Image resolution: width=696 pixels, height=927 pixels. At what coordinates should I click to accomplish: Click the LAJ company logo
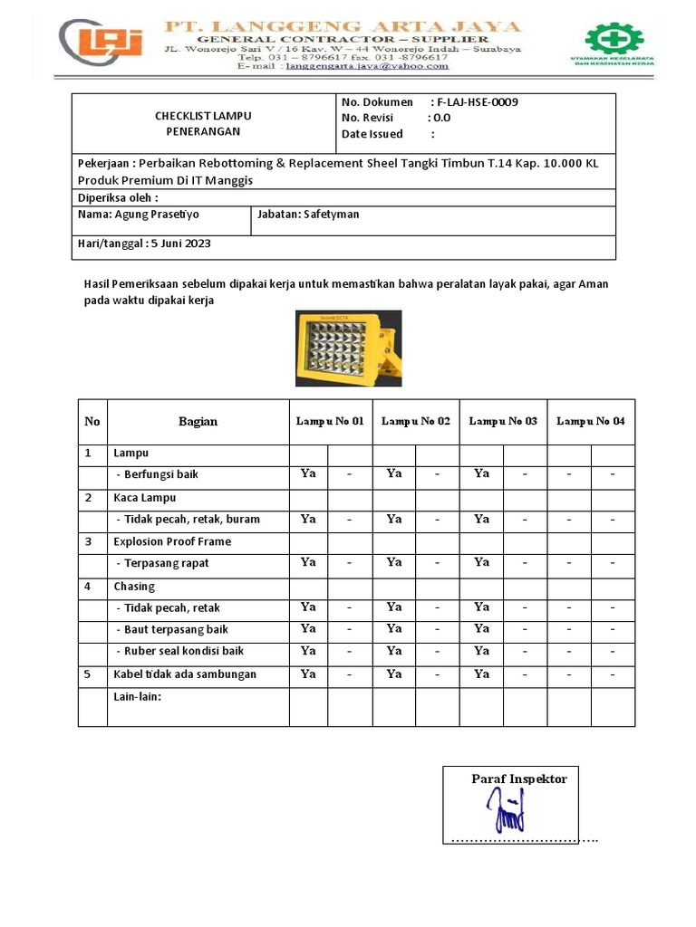pos(102,45)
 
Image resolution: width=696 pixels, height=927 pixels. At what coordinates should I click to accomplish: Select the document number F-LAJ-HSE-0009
pos(477,102)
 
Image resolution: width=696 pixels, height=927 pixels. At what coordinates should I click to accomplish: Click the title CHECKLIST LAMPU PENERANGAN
pos(203,123)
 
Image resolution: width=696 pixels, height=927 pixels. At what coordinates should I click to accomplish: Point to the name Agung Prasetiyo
pos(157,215)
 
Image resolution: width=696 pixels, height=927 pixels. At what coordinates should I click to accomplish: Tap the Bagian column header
pos(198,422)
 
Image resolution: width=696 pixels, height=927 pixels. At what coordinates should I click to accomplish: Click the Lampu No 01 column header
pos(330,422)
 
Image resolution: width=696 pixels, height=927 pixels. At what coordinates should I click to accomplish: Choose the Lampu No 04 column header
pos(590,422)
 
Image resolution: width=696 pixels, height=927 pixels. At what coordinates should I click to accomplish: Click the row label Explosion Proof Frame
pos(172,541)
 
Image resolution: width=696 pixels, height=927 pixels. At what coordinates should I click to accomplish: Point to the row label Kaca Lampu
pos(144,498)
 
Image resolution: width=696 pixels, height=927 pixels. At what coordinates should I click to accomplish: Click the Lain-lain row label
pos(137,696)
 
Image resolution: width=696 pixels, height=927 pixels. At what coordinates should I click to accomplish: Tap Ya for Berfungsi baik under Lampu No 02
pos(393,473)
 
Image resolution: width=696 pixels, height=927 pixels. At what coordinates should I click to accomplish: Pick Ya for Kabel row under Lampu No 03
pos(481,674)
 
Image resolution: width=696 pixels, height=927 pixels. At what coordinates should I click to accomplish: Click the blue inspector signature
pos(508,808)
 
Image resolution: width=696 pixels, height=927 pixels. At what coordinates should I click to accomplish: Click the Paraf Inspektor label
pos(518,779)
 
